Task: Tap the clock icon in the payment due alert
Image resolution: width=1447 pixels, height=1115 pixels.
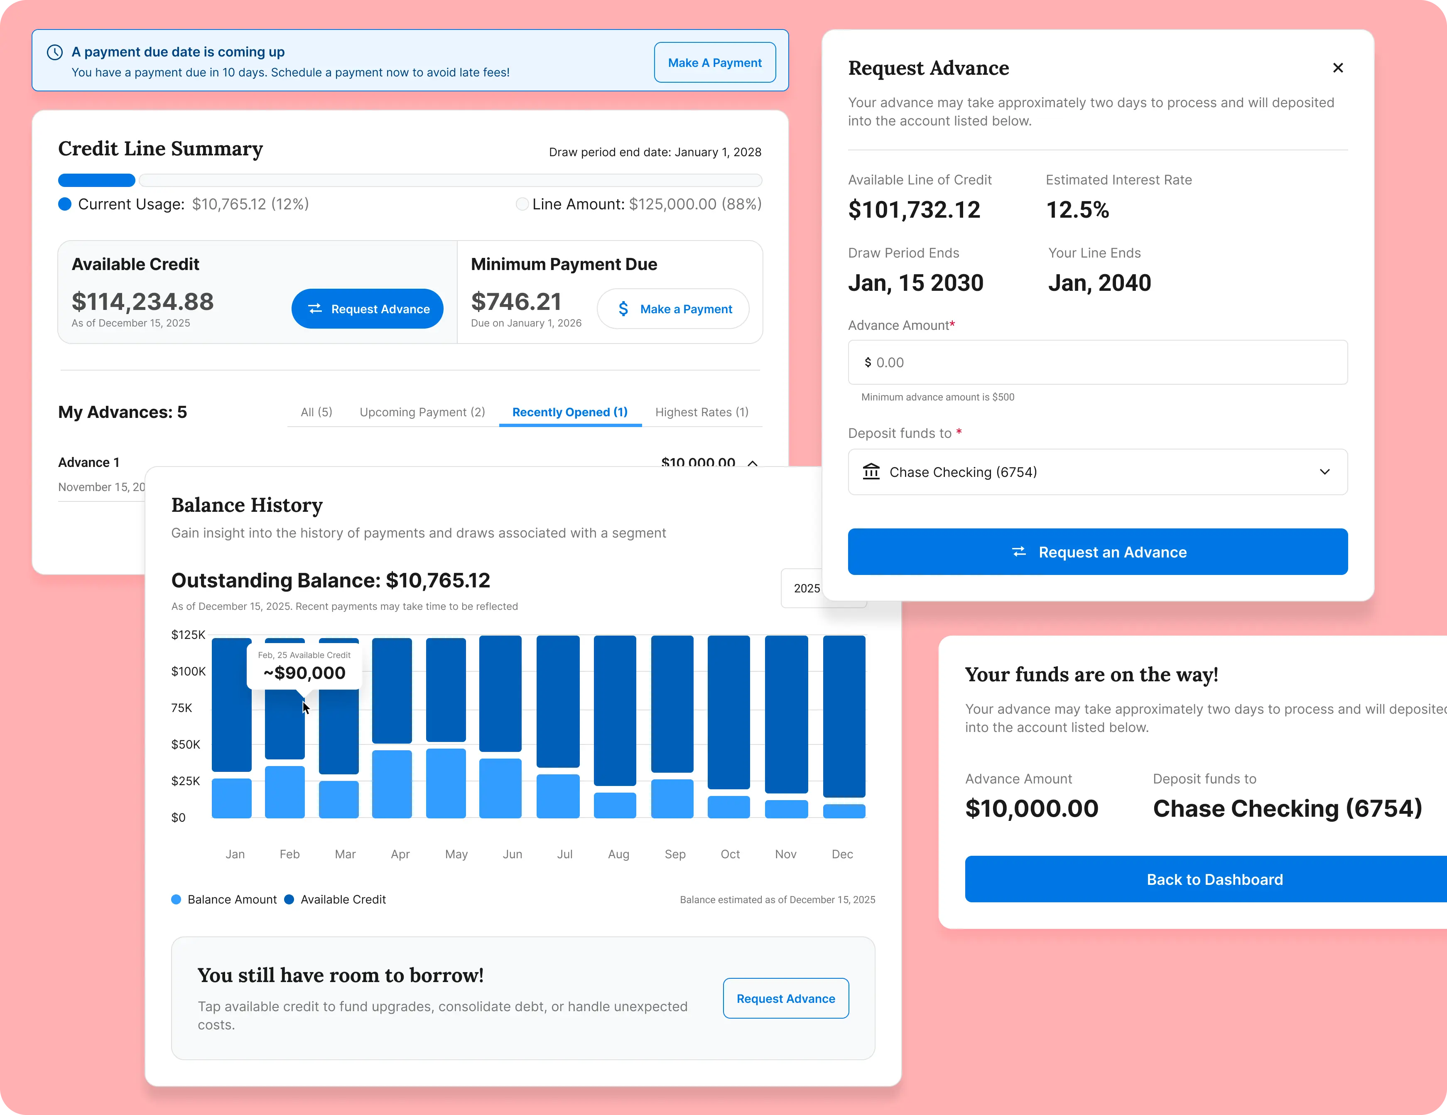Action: pos(55,52)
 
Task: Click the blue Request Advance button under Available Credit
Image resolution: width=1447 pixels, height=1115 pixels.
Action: pos(367,309)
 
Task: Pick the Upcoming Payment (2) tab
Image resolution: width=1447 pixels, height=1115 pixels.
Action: pos(422,412)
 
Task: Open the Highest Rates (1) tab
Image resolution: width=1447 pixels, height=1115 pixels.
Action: pos(701,412)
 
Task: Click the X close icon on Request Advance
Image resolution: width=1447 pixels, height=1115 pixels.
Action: pos(1338,68)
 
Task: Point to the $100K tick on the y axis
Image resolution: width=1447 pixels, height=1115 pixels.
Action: pos(188,671)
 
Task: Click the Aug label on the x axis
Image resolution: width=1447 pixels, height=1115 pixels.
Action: pos(618,854)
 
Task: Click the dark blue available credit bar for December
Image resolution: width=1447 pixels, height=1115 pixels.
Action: pos(844,715)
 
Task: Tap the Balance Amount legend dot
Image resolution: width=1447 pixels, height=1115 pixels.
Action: pos(176,899)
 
